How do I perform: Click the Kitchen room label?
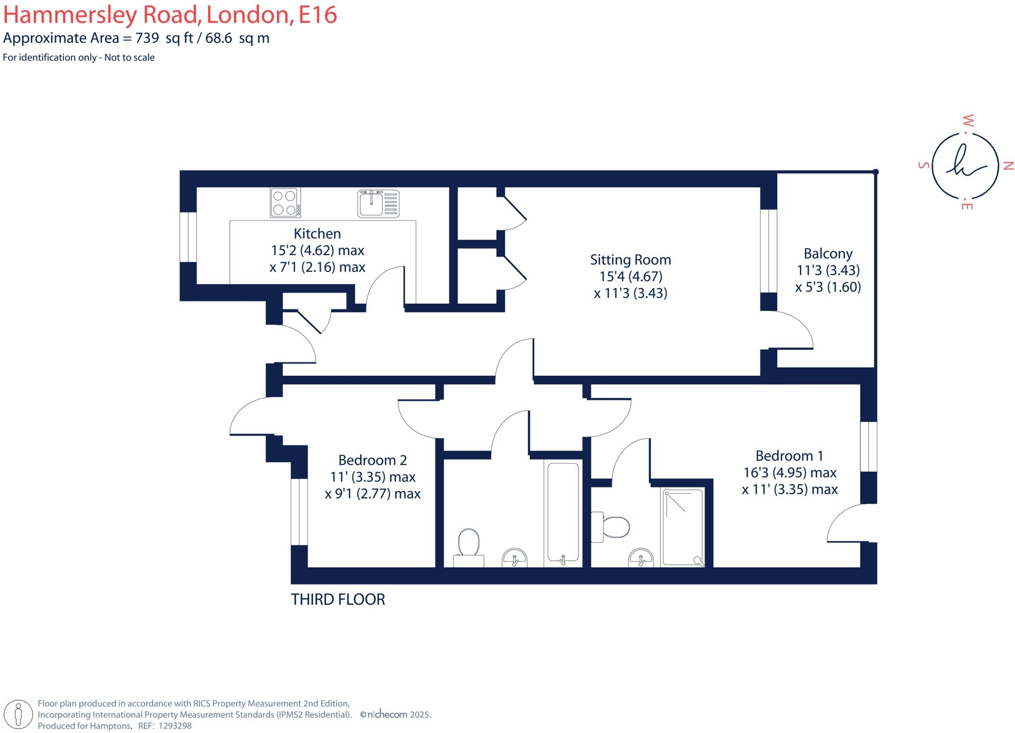(x=317, y=234)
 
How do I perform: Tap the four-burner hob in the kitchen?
(x=285, y=203)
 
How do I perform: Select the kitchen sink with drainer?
(x=378, y=203)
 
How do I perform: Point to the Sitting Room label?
(x=630, y=260)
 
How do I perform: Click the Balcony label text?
(x=828, y=254)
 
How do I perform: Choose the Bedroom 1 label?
(x=789, y=456)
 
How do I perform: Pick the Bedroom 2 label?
(x=373, y=460)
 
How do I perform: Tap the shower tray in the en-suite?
(x=683, y=527)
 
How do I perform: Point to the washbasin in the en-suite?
(x=641, y=558)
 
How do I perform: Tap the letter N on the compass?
(x=1008, y=166)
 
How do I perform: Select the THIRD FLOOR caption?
(x=338, y=600)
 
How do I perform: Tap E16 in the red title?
(x=318, y=15)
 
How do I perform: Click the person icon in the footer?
(x=18, y=714)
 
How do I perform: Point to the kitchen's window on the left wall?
(x=188, y=237)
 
